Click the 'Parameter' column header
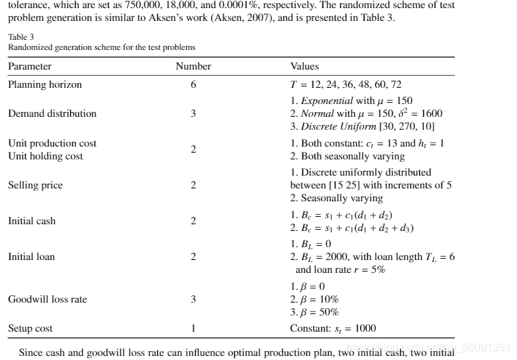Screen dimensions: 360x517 30,67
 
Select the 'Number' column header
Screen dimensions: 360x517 193,67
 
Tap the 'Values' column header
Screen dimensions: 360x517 304,67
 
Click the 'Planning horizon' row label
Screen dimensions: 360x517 45,85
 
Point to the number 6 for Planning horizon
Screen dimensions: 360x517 193,85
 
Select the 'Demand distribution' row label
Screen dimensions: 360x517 52,113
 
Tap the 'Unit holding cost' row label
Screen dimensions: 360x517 45,156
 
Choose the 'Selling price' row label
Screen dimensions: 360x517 35,185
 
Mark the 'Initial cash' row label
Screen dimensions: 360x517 32,221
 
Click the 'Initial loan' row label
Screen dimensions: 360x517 32,257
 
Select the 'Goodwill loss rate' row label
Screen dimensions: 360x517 47,299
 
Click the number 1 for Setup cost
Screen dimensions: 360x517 193,329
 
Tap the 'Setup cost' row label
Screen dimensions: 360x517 30,329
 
